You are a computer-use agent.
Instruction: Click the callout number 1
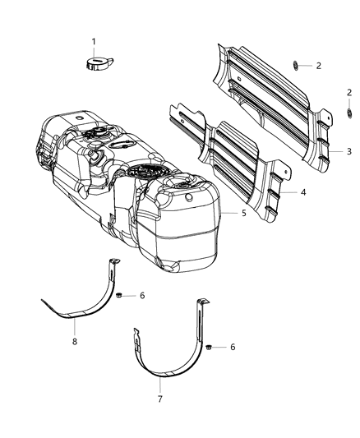[93, 41]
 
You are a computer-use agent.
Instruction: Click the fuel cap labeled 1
[96, 64]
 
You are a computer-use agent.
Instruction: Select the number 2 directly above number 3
[349, 93]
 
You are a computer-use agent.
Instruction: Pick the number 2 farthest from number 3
[318, 65]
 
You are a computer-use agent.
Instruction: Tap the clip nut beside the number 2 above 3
[348, 111]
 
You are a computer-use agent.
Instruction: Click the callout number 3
[348, 151]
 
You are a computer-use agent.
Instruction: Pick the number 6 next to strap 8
[142, 295]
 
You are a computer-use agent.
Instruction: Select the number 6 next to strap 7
[233, 347]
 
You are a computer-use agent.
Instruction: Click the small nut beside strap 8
[120, 294]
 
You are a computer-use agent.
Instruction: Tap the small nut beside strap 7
[210, 347]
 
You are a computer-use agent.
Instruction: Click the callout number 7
[159, 399]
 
